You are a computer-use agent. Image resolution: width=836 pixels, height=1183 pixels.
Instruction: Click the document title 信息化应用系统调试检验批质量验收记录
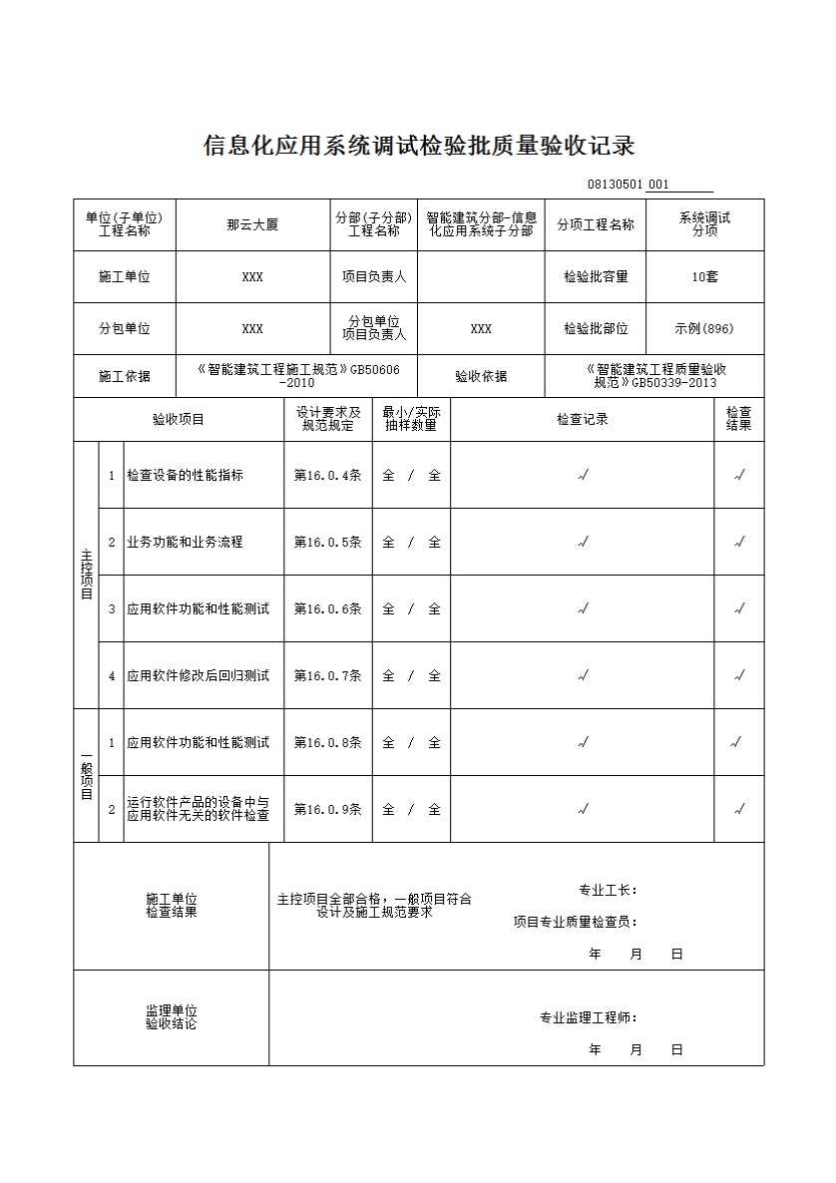419,146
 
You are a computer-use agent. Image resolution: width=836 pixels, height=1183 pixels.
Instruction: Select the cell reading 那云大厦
252,224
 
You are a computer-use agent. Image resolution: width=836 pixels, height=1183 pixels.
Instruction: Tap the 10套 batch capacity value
704,276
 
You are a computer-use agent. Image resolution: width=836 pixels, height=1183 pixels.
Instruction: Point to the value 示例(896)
704,328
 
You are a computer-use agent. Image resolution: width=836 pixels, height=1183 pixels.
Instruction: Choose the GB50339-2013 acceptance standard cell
655,376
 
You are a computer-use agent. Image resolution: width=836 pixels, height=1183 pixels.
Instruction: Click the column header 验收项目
179,420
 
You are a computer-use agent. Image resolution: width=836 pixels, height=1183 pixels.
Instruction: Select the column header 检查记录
582,420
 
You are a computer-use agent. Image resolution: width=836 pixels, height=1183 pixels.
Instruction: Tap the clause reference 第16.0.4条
327,476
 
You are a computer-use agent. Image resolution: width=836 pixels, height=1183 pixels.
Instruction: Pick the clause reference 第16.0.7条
327,675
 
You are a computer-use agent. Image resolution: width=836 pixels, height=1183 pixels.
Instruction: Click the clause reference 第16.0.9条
327,809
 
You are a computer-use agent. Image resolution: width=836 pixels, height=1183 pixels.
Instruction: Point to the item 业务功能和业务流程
185,543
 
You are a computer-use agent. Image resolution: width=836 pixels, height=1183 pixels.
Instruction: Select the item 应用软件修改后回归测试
198,675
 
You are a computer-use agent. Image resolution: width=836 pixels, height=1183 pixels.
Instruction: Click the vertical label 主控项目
86,575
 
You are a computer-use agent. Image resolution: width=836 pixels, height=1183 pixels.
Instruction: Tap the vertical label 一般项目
86,775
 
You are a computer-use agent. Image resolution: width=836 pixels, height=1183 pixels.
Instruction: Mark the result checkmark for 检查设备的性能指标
739,476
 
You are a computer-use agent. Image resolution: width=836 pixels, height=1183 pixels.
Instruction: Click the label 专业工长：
608,890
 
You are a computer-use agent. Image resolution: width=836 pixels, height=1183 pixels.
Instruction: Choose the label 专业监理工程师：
589,1017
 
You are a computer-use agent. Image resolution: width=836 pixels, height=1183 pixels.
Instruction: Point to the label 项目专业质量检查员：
575,922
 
